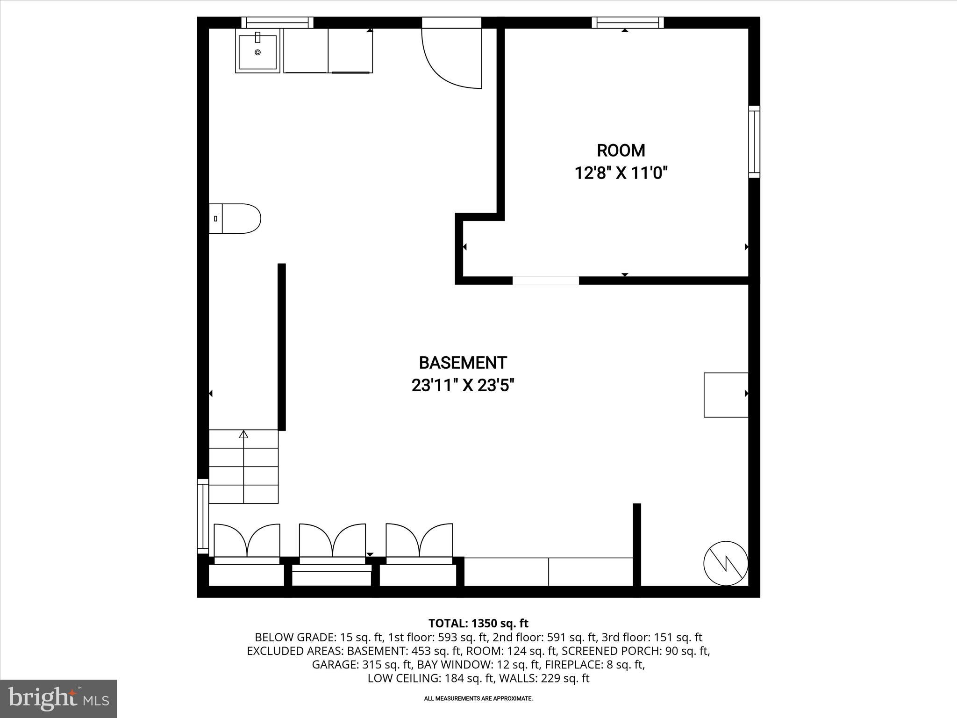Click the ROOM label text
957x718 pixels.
621,151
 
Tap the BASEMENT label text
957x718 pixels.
463,363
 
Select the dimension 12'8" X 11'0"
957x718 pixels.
621,173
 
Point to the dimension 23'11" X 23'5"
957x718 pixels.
463,386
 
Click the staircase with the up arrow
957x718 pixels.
243,467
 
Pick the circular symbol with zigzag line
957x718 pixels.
726,563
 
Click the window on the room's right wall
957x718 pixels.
754,142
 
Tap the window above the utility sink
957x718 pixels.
278,22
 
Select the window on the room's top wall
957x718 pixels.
628,22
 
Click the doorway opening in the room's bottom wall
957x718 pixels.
545,280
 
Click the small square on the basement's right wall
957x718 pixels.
726,395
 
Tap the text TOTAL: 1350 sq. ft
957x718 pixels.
478,623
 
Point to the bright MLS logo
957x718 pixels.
58,698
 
